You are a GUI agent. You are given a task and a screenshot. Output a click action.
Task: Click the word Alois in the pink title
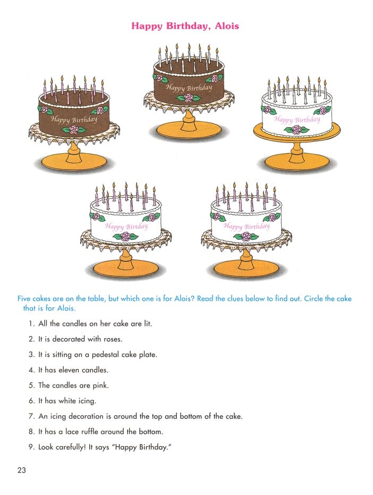tap(226, 26)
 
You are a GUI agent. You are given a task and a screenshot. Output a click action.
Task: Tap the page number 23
tap(22, 470)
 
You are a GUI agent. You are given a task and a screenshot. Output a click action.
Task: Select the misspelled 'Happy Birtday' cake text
tap(126, 226)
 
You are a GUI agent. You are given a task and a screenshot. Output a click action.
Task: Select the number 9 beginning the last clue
tap(31, 447)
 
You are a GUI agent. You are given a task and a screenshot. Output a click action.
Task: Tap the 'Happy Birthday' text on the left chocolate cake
tap(74, 119)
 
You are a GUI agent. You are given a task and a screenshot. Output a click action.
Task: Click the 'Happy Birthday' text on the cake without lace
tap(297, 119)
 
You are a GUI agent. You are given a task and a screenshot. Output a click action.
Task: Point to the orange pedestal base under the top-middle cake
tap(189, 131)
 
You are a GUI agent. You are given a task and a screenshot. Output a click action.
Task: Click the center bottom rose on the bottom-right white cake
tap(246, 236)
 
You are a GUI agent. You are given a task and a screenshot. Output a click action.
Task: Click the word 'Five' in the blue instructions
tap(24, 299)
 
